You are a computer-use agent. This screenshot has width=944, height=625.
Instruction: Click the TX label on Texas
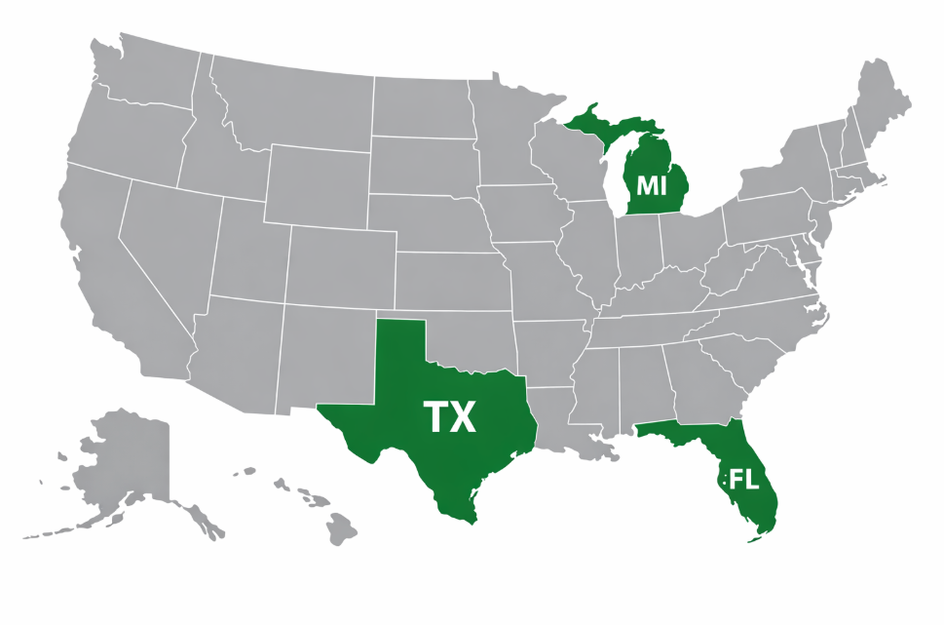[450, 417]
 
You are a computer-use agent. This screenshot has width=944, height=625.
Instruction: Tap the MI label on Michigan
[651, 183]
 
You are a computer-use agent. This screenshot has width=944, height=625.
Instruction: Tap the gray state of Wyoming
[318, 185]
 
